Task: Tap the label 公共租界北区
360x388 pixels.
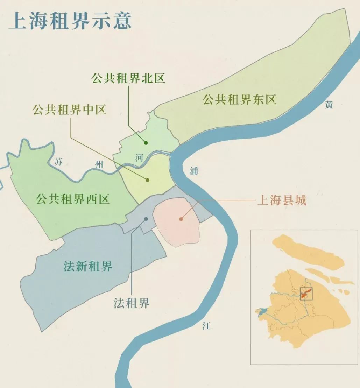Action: click(128, 78)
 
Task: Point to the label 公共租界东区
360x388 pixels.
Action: click(240, 100)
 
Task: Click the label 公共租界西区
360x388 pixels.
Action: click(73, 199)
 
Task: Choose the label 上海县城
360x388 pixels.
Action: click(282, 200)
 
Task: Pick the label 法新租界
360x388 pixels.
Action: click(88, 267)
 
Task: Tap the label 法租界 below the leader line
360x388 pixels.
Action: click(132, 303)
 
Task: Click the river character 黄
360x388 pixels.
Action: click(329, 105)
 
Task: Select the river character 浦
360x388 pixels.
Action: click(194, 171)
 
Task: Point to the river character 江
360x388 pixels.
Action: click(207, 326)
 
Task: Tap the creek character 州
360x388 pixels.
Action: click(100, 164)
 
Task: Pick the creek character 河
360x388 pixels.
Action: click(139, 158)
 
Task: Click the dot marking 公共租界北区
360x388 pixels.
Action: click(146, 143)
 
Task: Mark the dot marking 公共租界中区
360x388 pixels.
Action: click(147, 180)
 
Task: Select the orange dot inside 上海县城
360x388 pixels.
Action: click(181, 219)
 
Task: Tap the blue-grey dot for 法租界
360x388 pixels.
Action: click(146, 219)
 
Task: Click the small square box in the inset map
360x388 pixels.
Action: click(306, 293)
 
